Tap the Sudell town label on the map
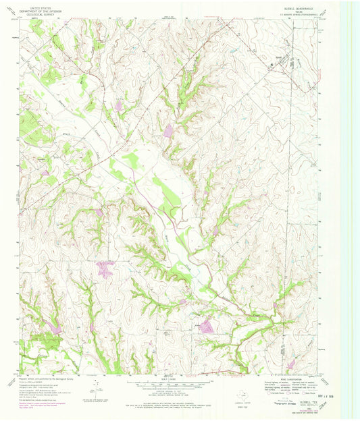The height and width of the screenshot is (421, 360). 279,59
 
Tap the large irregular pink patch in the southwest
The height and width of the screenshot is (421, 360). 104,269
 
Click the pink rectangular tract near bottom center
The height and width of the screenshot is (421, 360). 207,328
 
